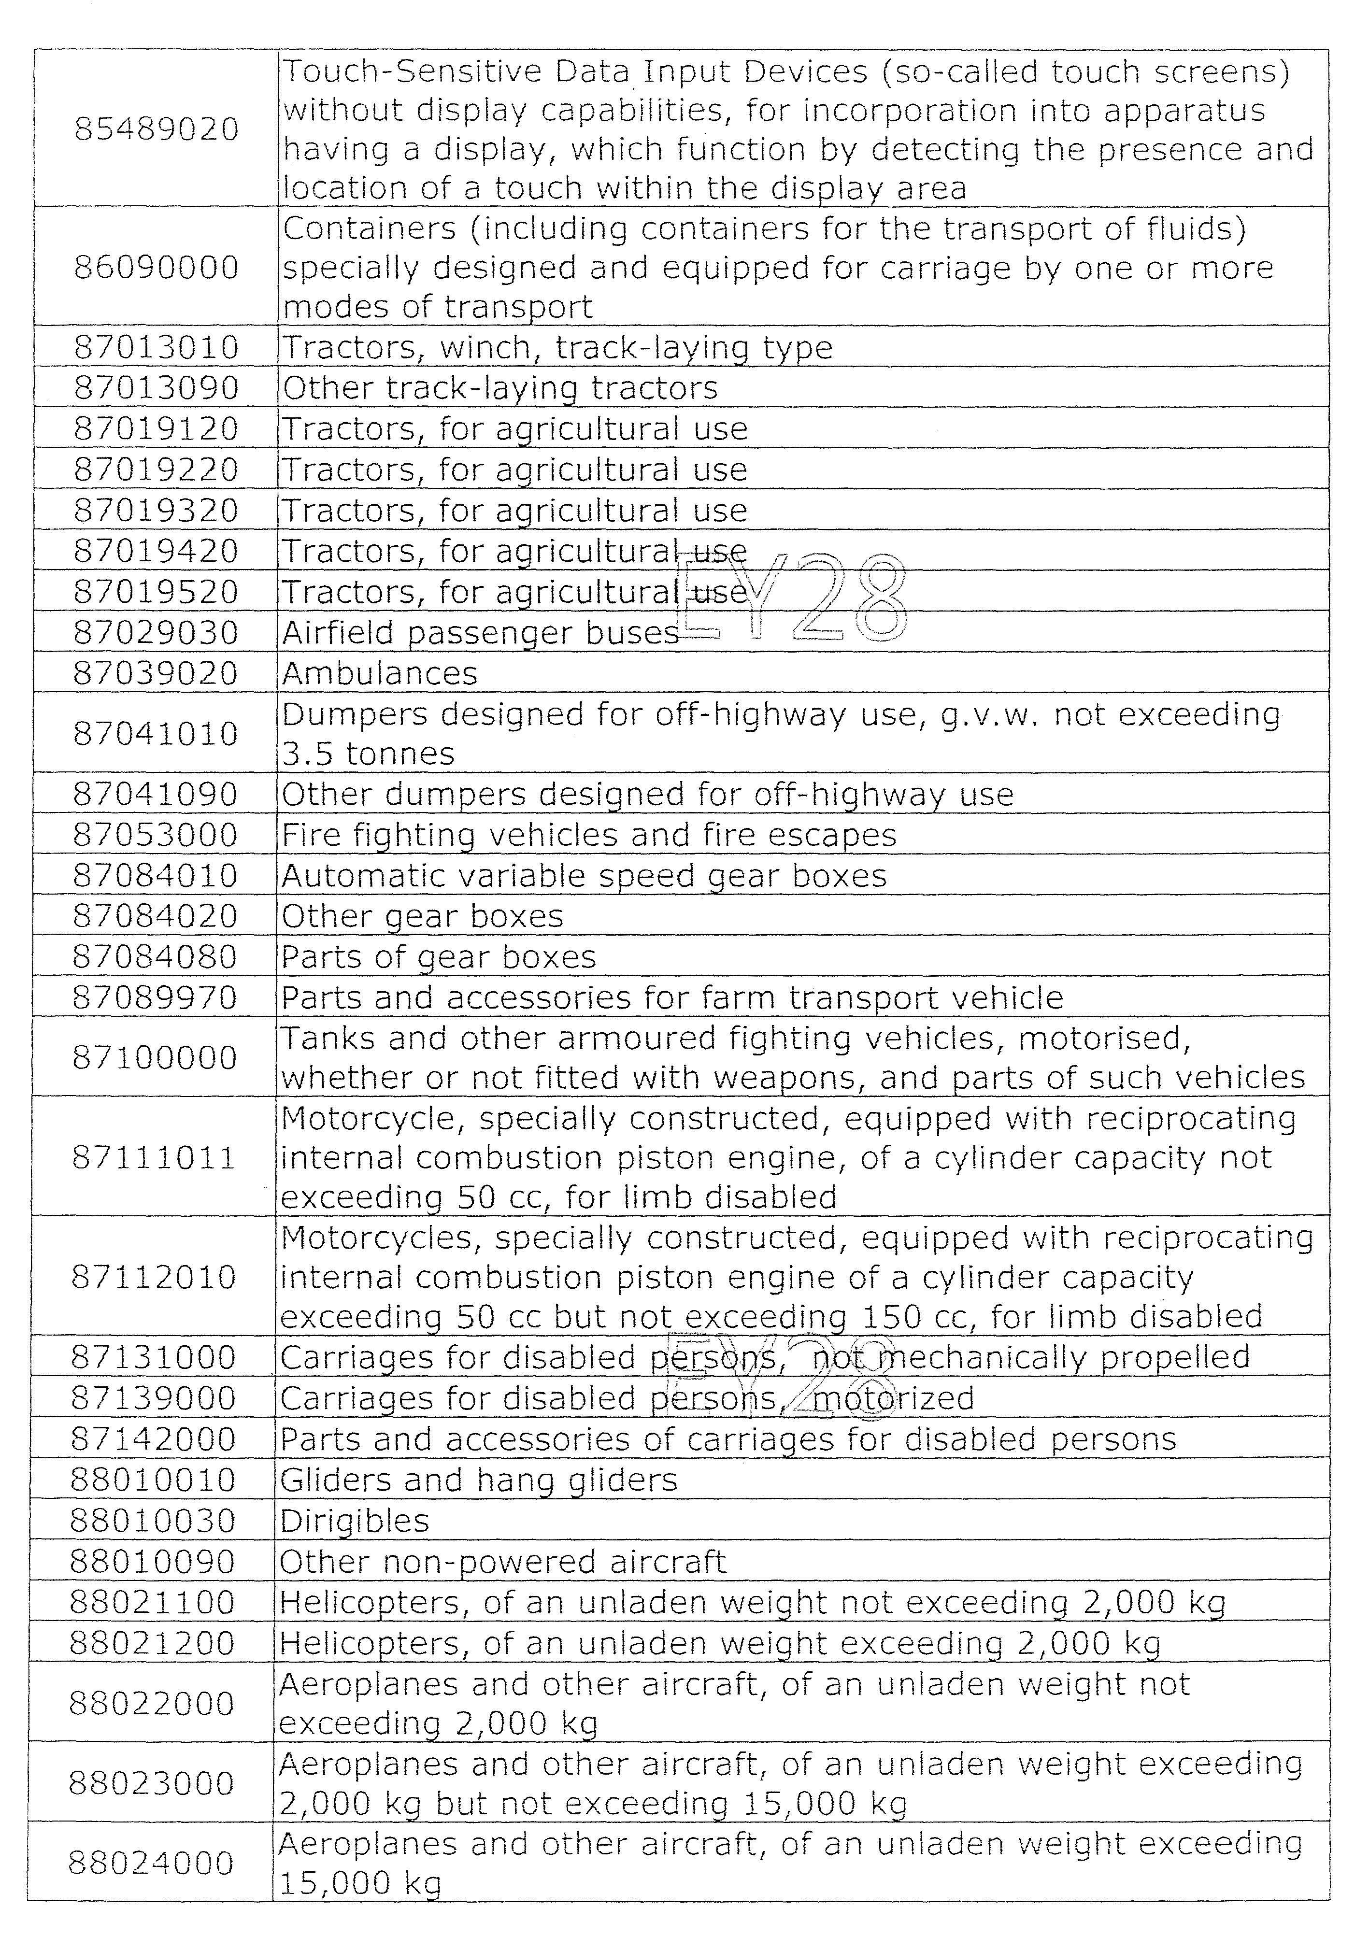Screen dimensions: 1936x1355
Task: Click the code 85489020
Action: tap(157, 129)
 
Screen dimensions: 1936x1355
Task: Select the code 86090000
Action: tap(157, 267)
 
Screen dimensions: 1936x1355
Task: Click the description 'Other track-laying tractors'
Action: tap(500, 388)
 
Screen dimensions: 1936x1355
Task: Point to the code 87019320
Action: tap(157, 510)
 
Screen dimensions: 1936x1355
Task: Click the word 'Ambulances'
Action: tap(379, 673)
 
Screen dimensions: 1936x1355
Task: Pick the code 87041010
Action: tap(156, 733)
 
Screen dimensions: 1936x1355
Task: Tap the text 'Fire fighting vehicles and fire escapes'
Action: tap(588, 835)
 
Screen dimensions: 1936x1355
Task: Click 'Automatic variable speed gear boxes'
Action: tap(584, 875)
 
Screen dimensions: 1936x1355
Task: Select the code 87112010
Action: tap(154, 1277)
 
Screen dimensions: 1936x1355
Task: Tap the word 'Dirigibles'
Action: tap(354, 1520)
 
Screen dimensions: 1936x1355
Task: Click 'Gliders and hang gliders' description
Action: tap(478, 1480)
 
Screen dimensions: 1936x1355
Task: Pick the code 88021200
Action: tap(153, 1643)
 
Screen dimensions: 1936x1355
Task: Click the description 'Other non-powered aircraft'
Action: tap(502, 1562)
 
